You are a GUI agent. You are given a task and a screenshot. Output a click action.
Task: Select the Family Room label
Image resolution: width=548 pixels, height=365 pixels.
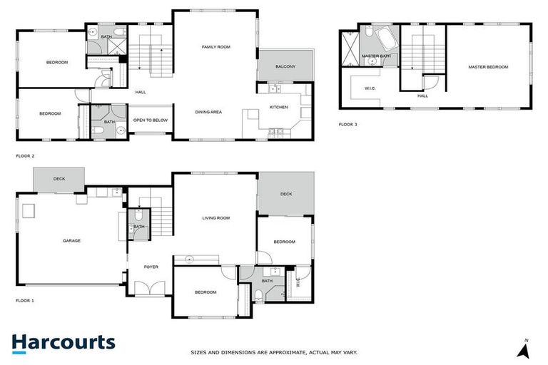[215, 46]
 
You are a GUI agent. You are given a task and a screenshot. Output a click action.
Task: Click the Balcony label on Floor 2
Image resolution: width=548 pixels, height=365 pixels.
[285, 66]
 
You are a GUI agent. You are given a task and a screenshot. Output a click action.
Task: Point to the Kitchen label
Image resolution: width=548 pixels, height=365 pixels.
[278, 107]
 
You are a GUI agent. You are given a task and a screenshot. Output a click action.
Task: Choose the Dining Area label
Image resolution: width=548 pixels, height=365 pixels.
[208, 112]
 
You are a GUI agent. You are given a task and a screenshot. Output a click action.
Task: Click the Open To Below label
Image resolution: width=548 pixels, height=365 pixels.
[151, 120]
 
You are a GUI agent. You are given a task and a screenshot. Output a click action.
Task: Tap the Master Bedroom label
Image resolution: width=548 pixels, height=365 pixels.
[488, 66]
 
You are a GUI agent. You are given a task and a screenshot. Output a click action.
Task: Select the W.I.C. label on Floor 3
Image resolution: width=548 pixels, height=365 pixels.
[370, 88]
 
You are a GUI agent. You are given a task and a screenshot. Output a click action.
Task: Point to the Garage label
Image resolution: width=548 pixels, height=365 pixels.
[71, 240]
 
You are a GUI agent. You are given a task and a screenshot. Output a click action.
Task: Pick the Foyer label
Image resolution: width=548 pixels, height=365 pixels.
[151, 267]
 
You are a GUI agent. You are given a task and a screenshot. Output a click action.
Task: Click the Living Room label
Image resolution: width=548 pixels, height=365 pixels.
[215, 218]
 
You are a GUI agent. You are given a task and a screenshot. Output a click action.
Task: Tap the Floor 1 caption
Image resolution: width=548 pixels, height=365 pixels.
[25, 301]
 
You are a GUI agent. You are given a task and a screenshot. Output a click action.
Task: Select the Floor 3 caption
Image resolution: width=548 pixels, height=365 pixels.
[347, 124]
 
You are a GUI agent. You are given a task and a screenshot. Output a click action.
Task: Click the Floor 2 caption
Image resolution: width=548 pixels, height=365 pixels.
[25, 155]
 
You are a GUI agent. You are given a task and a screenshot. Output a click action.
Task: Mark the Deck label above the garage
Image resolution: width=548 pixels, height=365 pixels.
[59, 178]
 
